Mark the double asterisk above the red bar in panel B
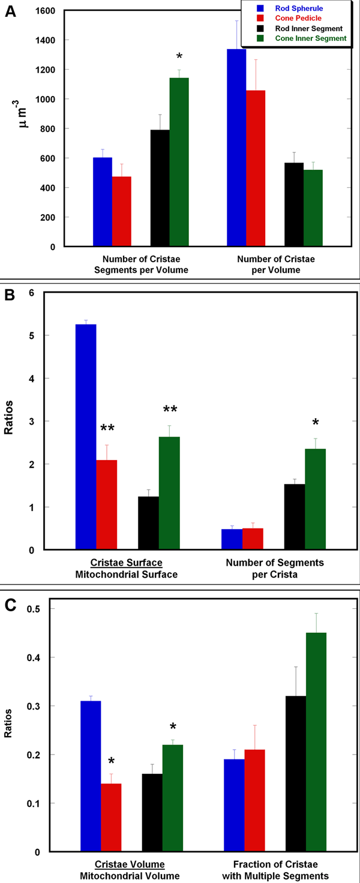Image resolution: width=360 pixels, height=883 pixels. click(108, 428)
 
